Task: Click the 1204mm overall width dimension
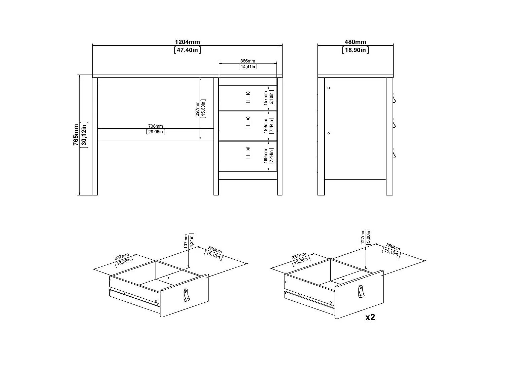(x=187, y=42)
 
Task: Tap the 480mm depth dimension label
(x=355, y=42)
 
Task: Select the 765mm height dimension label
(x=76, y=135)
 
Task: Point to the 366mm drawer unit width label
(x=247, y=61)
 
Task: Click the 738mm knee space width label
(x=155, y=126)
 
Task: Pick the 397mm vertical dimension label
(x=197, y=109)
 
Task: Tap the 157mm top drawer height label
(x=266, y=98)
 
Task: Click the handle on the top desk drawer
(x=248, y=97)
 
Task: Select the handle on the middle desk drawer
(x=248, y=122)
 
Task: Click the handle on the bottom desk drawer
(x=248, y=153)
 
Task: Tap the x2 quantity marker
(x=370, y=317)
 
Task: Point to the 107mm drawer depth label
(x=186, y=241)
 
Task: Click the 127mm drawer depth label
(x=363, y=237)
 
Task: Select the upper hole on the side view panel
(x=329, y=88)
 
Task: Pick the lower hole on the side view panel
(x=329, y=133)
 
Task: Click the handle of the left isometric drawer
(x=187, y=295)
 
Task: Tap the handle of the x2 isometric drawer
(x=361, y=291)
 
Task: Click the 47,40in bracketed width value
(x=187, y=50)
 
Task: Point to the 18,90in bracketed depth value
(x=355, y=50)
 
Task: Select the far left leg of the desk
(x=95, y=136)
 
